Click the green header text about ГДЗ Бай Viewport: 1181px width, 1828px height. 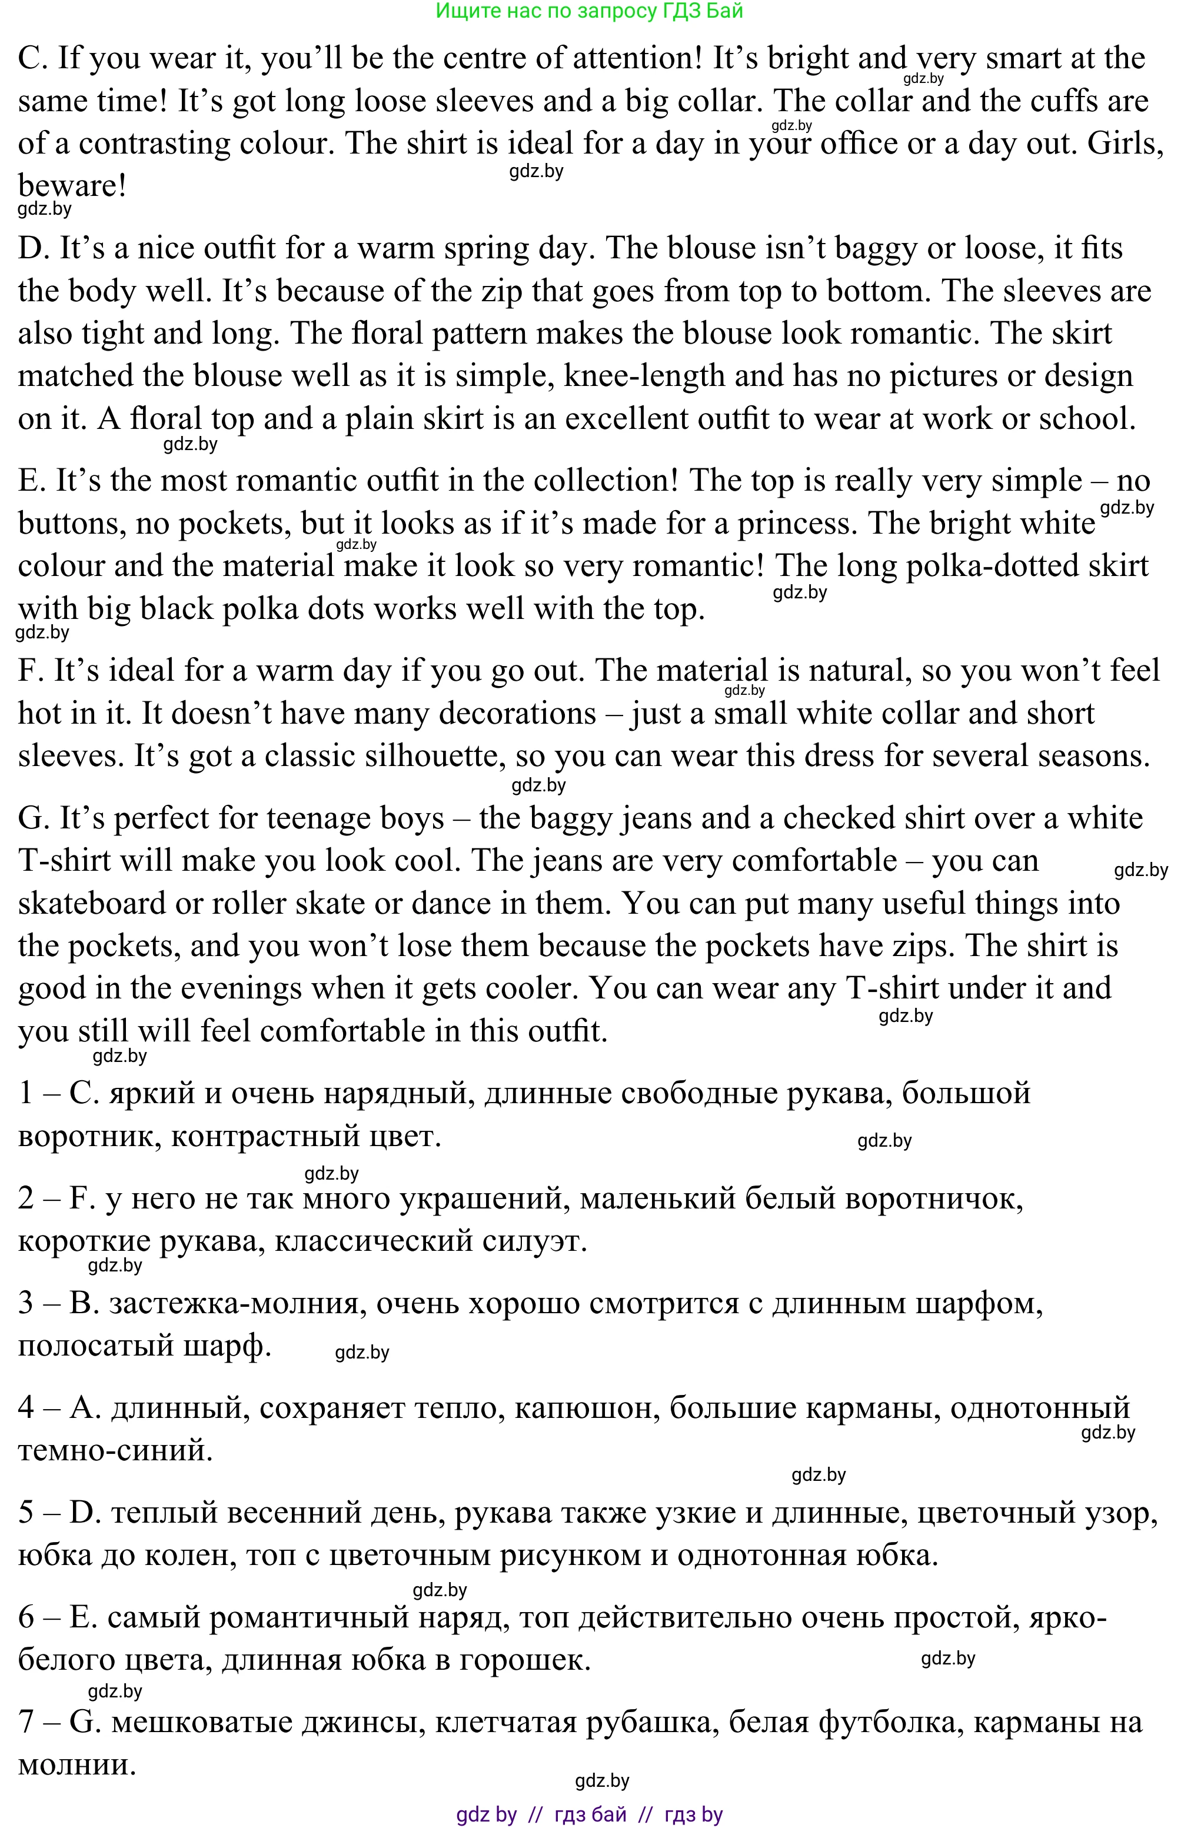(x=589, y=11)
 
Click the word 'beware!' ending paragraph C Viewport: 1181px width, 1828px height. (x=72, y=185)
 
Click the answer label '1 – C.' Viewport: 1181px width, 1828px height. (x=58, y=1093)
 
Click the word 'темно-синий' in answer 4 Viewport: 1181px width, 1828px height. (x=115, y=1450)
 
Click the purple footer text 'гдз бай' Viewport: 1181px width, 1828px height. (x=590, y=1814)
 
